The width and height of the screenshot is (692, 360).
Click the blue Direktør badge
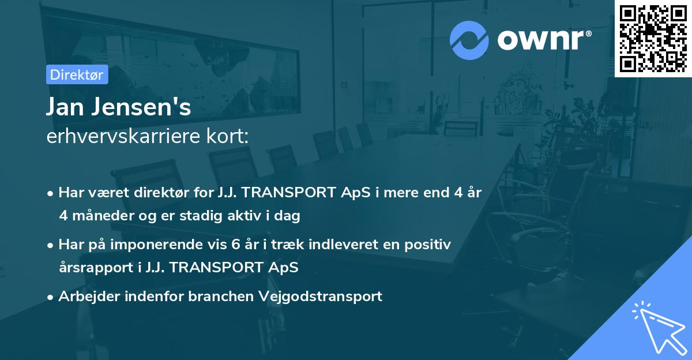[77, 74]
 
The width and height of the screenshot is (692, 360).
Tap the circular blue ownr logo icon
[469, 40]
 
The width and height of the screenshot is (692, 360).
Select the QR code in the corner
[653, 38]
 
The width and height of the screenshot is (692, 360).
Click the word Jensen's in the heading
[141, 107]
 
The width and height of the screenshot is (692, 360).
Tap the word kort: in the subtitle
[227, 136]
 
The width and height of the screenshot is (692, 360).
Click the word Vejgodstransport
[321, 297]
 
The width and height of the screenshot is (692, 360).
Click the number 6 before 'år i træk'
[235, 245]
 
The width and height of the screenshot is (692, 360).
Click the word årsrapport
[96, 268]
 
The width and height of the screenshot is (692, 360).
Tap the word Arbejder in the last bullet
[89, 297]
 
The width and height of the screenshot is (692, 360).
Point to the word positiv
[427, 245]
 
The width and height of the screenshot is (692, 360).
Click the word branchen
[221, 297]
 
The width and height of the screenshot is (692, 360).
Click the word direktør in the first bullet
[161, 193]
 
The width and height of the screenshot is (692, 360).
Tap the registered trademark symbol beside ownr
[588, 33]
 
